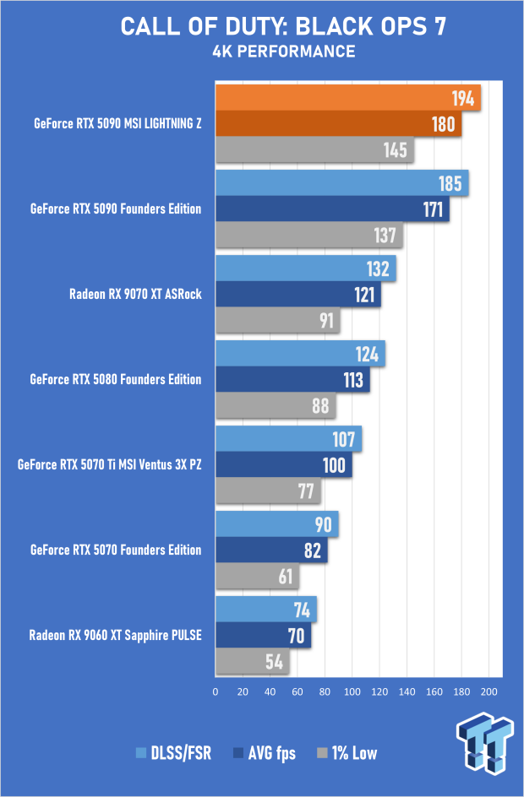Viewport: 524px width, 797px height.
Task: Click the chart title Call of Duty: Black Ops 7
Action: coord(283,26)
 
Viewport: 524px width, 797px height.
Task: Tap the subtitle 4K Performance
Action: coord(283,52)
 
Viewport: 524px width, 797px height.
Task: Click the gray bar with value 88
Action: coord(276,406)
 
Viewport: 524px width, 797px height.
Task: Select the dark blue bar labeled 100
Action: coord(284,464)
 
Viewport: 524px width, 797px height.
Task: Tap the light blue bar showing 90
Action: coord(277,523)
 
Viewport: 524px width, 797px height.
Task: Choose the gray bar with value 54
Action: coord(253,661)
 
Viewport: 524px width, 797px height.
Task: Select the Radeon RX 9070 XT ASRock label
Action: coord(134,295)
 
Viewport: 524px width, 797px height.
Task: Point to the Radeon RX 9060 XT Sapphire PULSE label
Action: coord(115,635)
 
